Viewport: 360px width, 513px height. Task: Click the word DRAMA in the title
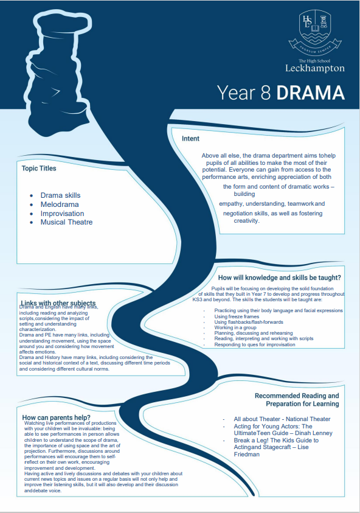[311, 92]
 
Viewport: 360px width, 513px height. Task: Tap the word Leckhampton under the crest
[315, 68]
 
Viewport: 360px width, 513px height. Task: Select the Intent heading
[190, 138]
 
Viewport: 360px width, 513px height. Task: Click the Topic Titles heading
[39, 168]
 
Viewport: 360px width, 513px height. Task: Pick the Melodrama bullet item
[60, 204]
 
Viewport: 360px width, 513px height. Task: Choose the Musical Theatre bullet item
[66, 222]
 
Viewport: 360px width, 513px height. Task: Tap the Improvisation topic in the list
[62, 214]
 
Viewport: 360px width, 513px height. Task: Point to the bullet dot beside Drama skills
[32, 196]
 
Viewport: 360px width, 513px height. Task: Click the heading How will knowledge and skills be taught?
[280, 277]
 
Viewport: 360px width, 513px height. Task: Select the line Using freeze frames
[237, 316]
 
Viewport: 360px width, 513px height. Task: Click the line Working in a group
[235, 327]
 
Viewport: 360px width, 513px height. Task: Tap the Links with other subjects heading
[58, 303]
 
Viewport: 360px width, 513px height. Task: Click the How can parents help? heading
[56, 417]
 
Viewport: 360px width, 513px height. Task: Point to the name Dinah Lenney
[314, 433]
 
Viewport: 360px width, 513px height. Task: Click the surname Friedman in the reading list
[246, 455]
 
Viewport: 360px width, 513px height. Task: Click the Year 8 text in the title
[244, 92]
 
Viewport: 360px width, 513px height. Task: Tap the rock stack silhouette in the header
[58, 72]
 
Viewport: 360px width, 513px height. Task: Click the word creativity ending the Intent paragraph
[246, 221]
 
